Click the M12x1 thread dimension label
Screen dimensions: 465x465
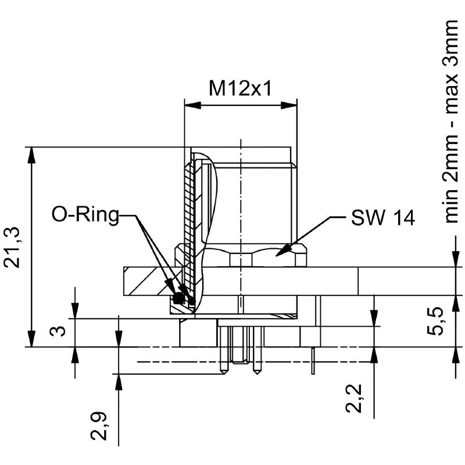pos(241,88)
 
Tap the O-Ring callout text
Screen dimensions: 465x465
pos(85,215)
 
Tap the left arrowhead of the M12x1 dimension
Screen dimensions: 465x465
pos(191,106)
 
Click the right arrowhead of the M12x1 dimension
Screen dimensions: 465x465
pos(289,106)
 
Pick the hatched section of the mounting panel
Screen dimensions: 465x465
pos(145,282)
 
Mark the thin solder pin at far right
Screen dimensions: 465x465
pos(313,360)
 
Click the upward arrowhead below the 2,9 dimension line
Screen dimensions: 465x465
pos(119,381)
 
